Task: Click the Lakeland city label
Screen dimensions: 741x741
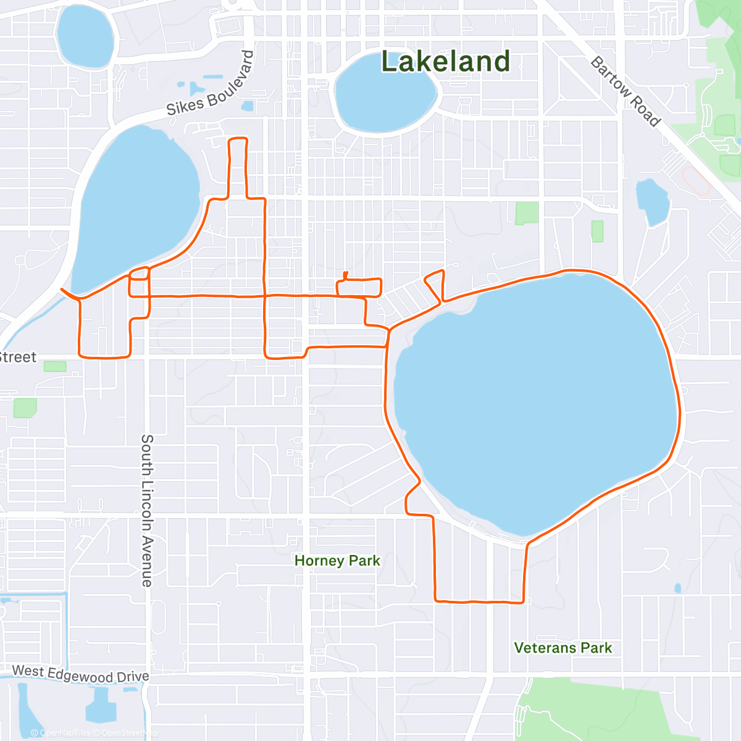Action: point(445,62)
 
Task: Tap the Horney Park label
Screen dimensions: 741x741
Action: point(337,561)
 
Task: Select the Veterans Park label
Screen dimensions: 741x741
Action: point(563,648)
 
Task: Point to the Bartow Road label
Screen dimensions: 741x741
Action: point(626,91)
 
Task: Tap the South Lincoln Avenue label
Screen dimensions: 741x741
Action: point(147,510)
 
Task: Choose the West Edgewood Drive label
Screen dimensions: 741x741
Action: point(80,674)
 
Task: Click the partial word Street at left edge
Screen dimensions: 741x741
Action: point(17,357)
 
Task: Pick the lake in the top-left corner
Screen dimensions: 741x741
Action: point(85,36)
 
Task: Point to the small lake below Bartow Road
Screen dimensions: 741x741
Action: point(652,201)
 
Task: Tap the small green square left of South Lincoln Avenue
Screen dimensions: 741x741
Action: point(25,408)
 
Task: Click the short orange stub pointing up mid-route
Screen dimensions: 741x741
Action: point(345,275)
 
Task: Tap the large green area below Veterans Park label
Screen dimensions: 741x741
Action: point(593,710)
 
